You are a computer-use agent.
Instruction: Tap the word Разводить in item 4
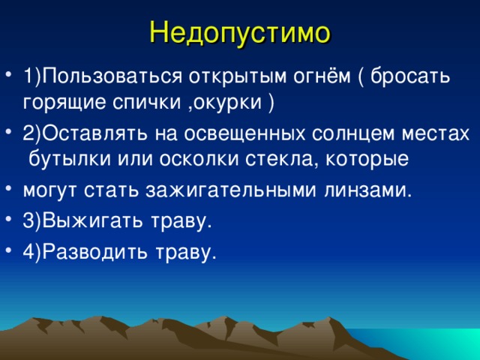(91, 251)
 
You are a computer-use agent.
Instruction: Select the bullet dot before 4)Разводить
(8, 251)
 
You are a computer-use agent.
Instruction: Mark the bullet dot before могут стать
(8, 189)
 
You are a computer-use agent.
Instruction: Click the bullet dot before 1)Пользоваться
(8, 78)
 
